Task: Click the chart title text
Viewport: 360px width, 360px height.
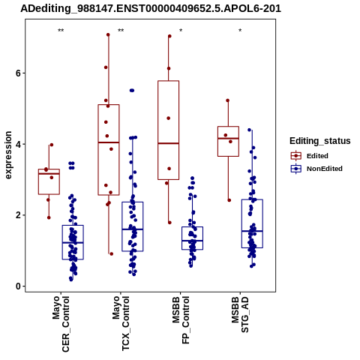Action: pyautogui.click(x=151, y=9)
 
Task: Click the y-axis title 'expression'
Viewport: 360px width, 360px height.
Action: pyautogui.click(x=8, y=155)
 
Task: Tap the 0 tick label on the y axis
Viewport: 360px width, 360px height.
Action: pyautogui.click(x=18, y=286)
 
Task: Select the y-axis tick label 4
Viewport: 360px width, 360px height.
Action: pyautogui.click(x=18, y=144)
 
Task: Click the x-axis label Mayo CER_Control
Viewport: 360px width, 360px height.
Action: pyautogui.click(x=61, y=324)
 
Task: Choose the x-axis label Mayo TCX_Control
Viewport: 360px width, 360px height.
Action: pyautogui.click(x=121, y=323)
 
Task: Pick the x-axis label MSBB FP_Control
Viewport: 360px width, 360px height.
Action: pyautogui.click(x=181, y=320)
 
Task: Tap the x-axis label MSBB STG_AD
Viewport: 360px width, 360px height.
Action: pyautogui.click(x=240, y=314)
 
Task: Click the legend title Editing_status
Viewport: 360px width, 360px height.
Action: pyautogui.click(x=320, y=141)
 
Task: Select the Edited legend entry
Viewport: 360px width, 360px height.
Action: pyautogui.click(x=310, y=156)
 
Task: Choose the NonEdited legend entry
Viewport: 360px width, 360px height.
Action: pyautogui.click(x=316, y=169)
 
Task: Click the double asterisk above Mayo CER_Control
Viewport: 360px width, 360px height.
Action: pyautogui.click(x=61, y=31)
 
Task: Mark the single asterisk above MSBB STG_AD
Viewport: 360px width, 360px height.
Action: pyautogui.click(x=240, y=31)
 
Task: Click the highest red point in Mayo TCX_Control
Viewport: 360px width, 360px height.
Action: pyautogui.click(x=108, y=34)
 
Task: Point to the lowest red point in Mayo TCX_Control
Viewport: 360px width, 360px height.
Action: pyautogui.click(x=112, y=254)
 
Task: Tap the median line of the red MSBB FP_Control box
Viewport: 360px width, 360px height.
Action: pyautogui.click(x=168, y=143)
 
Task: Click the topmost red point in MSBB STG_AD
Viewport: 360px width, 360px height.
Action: pyautogui.click(x=228, y=100)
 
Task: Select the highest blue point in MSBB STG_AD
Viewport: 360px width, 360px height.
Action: pyautogui.click(x=249, y=130)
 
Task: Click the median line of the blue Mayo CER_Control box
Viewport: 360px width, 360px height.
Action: pyautogui.click(x=73, y=243)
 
